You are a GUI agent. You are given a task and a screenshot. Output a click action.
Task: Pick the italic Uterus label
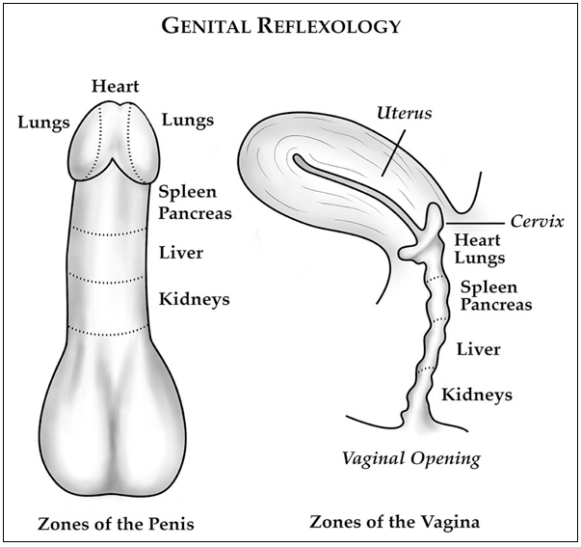click(403, 113)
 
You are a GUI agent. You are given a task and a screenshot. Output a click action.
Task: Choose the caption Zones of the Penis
click(116, 524)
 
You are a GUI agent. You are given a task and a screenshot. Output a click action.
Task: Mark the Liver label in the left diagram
click(180, 255)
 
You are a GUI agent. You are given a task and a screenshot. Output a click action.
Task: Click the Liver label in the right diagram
click(479, 348)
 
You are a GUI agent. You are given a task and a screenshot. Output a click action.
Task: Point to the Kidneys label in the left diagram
click(194, 299)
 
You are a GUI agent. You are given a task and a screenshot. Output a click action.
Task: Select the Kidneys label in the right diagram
click(476, 395)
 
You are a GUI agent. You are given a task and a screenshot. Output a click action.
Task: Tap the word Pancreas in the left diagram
click(195, 213)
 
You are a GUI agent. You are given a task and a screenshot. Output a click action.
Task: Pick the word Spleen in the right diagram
click(489, 287)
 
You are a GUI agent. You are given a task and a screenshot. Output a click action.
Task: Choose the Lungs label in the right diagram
click(479, 259)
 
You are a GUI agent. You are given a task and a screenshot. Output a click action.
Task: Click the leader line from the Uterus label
click(394, 150)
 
